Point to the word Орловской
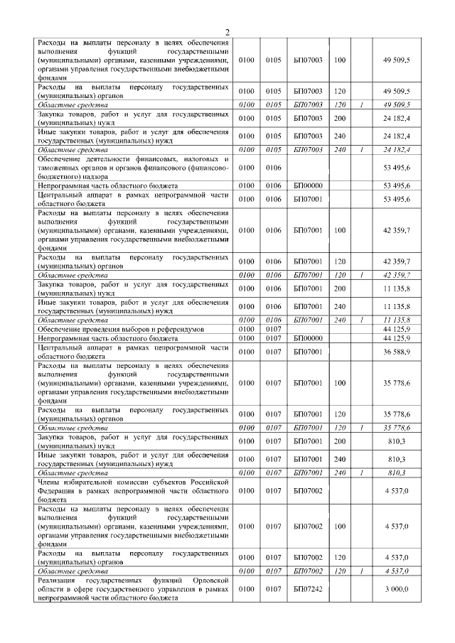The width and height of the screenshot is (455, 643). point(209,581)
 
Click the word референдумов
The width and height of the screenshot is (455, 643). point(180,330)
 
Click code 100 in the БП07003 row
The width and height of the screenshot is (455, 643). point(339,60)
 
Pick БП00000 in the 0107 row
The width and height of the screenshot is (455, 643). point(308,339)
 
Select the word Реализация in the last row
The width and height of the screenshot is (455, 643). point(60,581)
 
